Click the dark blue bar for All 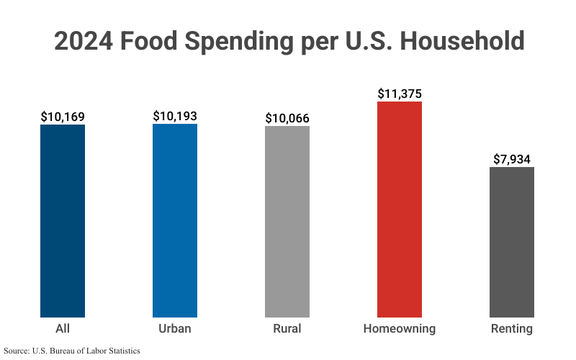pyautogui.click(x=63, y=221)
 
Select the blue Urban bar pyautogui.click(x=175, y=220)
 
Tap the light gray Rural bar pyautogui.click(x=287, y=222)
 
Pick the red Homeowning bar pyautogui.click(x=400, y=210)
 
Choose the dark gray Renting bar pyautogui.click(x=512, y=242)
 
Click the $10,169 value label pyautogui.click(x=63, y=117)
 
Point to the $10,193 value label pyautogui.click(x=175, y=116)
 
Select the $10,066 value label pyautogui.click(x=287, y=118)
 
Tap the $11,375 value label pyautogui.click(x=400, y=94)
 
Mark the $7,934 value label pyautogui.click(x=512, y=159)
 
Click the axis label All pyautogui.click(x=63, y=329)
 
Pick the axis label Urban pyautogui.click(x=175, y=329)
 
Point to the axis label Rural pyautogui.click(x=287, y=329)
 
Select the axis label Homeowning pyautogui.click(x=400, y=329)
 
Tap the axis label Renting pyautogui.click(x=512, y=329)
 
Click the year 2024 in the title pyautogui.click(x=83, y=40)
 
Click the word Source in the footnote pyautogui.click(x=19, y=351)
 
